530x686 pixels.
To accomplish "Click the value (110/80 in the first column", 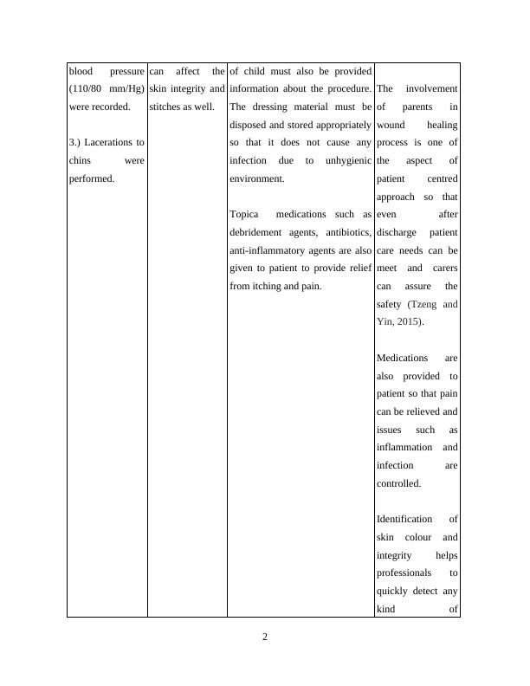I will click(85, 89).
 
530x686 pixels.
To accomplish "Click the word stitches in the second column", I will click(166, 107).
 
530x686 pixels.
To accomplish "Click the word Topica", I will click(244, 214).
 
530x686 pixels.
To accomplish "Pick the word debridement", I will click(259, 232).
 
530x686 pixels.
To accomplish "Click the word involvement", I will click(431, 89).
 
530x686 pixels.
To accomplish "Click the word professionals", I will click(409, 573).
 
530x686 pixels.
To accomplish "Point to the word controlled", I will click(398, 483).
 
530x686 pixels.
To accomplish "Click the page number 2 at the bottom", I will click(265, 638).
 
